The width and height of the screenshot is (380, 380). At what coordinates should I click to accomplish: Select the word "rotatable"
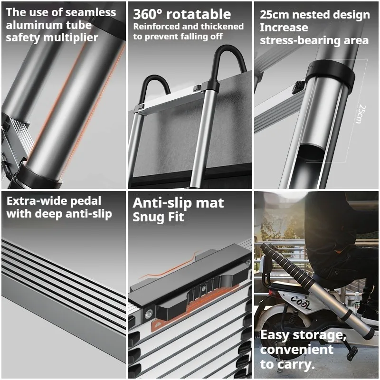click(x=199, y=14)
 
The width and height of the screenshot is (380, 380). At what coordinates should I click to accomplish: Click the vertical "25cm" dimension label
click(x=362, y=114)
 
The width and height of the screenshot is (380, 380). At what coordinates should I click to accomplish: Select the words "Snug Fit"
click(x=158, y=217)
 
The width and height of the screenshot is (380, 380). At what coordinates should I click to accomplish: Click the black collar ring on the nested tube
click(x=330, y=74)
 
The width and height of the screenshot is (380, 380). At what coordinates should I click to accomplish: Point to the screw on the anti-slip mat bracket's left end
click(x=148, y=314)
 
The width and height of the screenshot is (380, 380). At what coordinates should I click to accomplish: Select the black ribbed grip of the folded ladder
click(x=287, y=266)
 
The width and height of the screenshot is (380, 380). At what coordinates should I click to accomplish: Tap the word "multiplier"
click(x=70, y=38)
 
